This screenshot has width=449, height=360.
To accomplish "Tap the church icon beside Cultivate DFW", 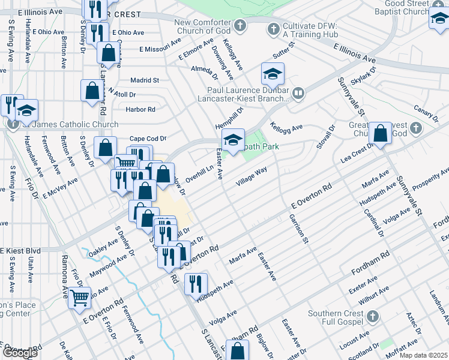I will (x=273, y=28).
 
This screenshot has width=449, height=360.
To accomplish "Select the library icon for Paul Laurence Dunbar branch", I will (x=298, y=93).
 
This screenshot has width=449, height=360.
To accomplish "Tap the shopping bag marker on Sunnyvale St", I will (x=380, y=134).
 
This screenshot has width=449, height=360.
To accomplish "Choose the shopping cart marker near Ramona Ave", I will (x=80, y=298).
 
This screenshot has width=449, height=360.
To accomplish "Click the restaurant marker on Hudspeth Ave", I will (x=196, y=284).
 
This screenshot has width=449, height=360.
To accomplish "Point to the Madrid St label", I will (x=145, y=80).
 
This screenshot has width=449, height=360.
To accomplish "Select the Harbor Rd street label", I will (x=140, y=109).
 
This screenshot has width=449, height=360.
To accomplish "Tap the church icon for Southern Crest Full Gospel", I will (x=372, y=316).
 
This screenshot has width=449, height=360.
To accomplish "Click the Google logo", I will (x=19, y=353).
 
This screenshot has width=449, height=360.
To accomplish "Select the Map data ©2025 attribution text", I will (x=423, y=355).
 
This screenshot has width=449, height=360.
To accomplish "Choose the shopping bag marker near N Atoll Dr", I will (x=92, y=91).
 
